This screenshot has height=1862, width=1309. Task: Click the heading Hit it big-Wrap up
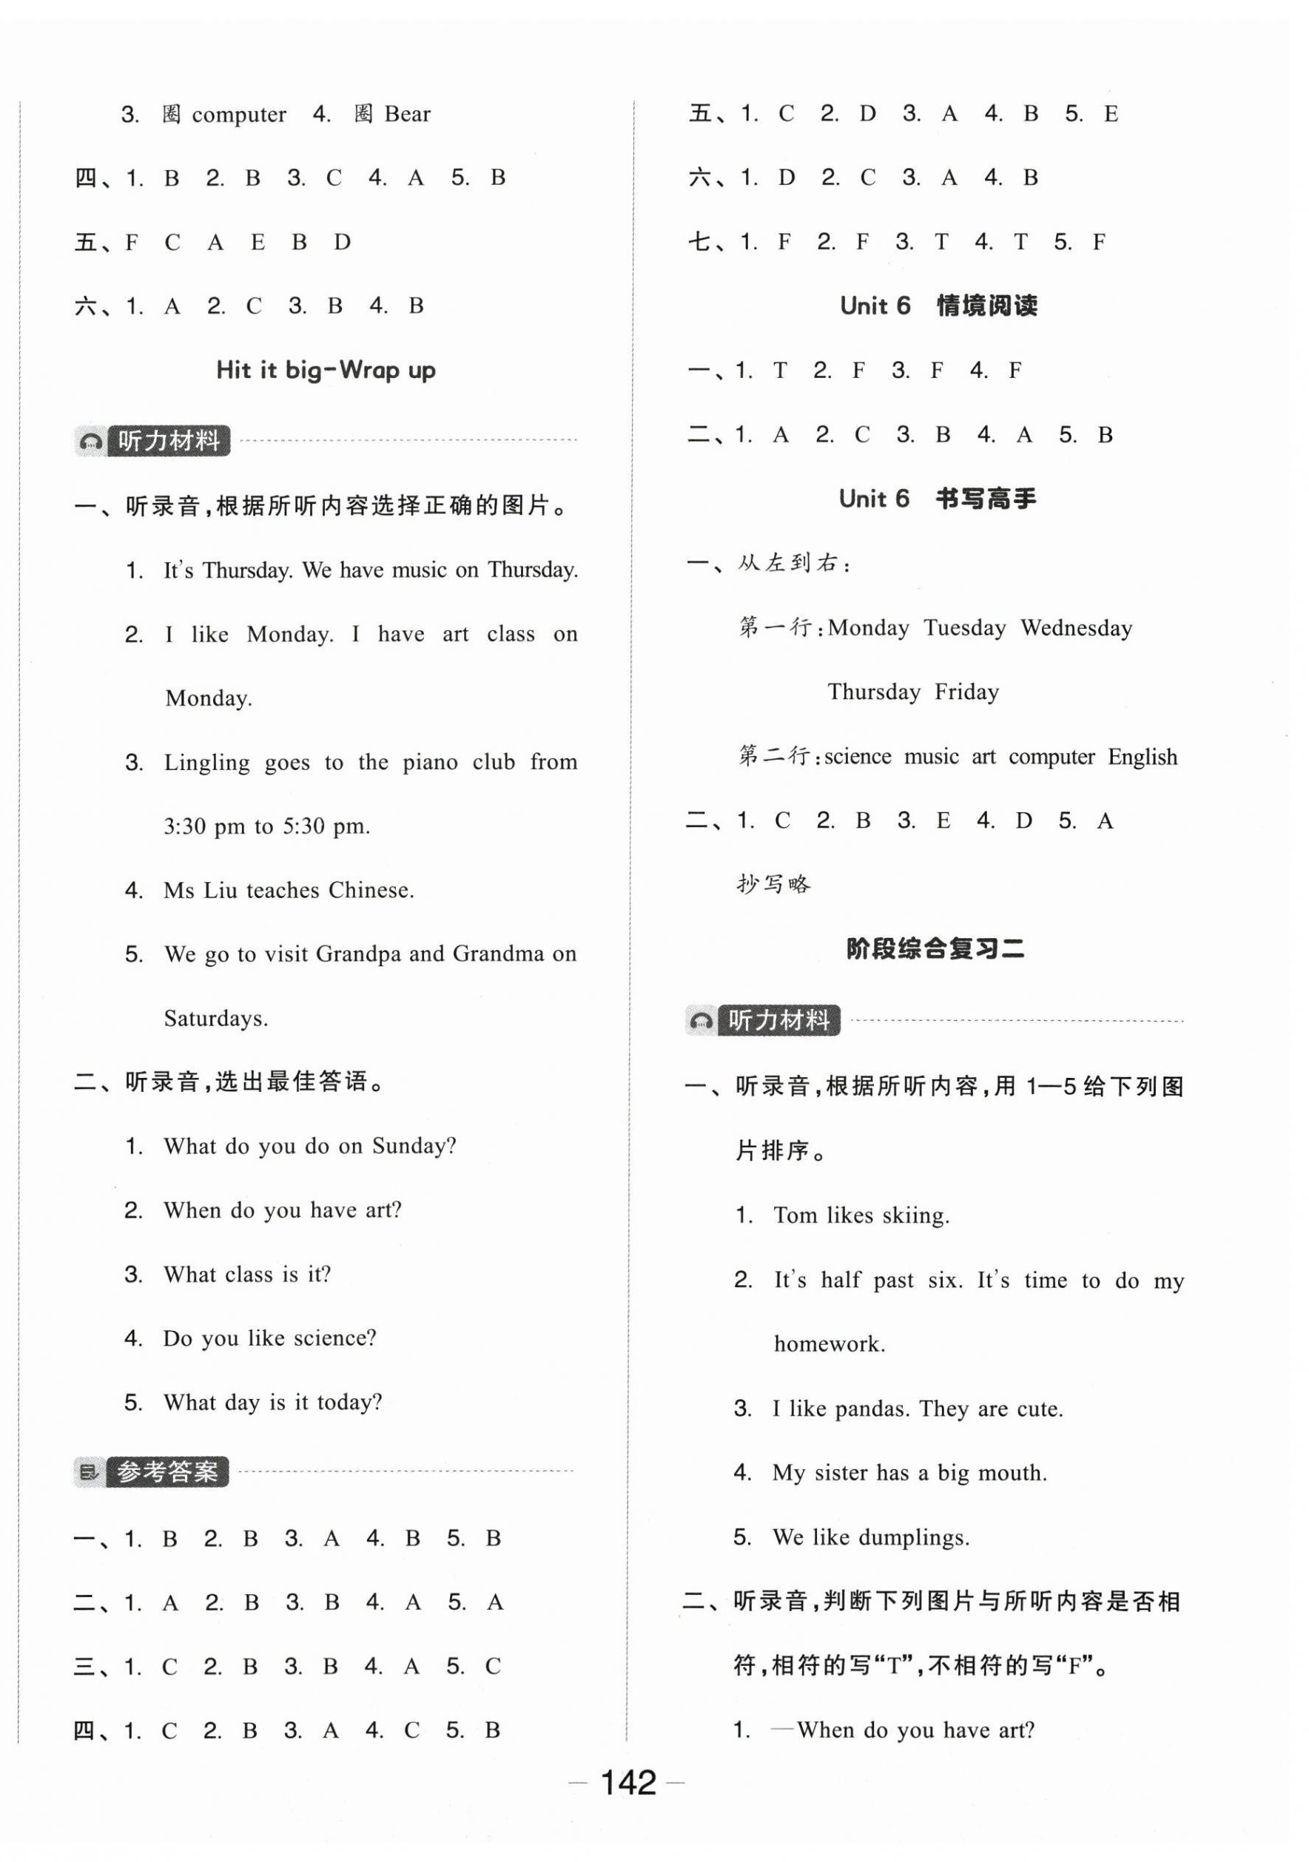click(x=326, y=371)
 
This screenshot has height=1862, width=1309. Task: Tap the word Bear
click(x=407, y=115)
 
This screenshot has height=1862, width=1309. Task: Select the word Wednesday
click(x=1076, y=629)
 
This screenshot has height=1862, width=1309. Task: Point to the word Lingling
click(x=206, y=762)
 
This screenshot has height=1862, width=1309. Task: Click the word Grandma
click(x=498, y=954)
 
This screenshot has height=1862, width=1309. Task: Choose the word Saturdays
click(x=216, y=1019)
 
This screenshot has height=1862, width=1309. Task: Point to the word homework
click(x=829, y=1345)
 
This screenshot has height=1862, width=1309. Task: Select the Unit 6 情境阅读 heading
click(x=938, y=306)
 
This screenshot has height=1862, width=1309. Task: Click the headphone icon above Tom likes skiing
click(x=701, y=1021)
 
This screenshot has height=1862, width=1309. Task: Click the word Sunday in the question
click(x=414, y=1147)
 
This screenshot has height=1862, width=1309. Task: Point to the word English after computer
click(x=1142, y=758)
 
